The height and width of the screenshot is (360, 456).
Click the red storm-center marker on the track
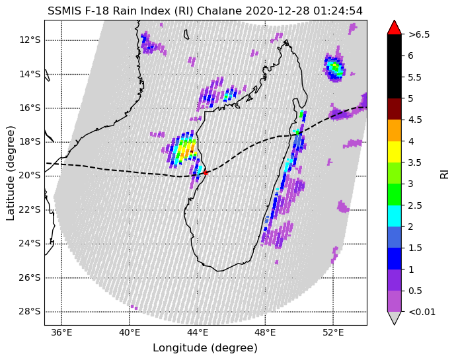pos(206,172)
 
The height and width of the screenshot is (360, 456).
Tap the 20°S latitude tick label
pos(30,176)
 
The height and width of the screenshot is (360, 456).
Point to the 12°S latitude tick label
pos(30,40)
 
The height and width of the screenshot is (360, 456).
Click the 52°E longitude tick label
pos(333,332)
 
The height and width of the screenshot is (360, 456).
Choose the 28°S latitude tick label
pos(30,312)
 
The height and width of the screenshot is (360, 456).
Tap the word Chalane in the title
pos(219,11)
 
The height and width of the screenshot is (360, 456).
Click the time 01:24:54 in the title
pos(338,11)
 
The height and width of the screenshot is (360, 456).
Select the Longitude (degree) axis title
pos(206,348)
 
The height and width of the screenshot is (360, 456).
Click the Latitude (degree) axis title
pos(10,173)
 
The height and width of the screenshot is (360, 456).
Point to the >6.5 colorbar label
pos(419,34)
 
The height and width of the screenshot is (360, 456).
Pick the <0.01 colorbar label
pos(422,312)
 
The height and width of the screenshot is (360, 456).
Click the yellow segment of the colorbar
pos(395,152)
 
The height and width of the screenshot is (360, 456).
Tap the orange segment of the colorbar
pos(395,131)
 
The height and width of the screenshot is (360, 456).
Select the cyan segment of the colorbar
pos(395,216)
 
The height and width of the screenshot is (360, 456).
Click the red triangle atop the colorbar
pos(395,28)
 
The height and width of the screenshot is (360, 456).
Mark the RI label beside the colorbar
pos(444,174)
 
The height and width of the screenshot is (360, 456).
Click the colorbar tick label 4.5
pos(415,120)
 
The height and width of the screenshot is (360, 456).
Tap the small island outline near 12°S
pos(186,34)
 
